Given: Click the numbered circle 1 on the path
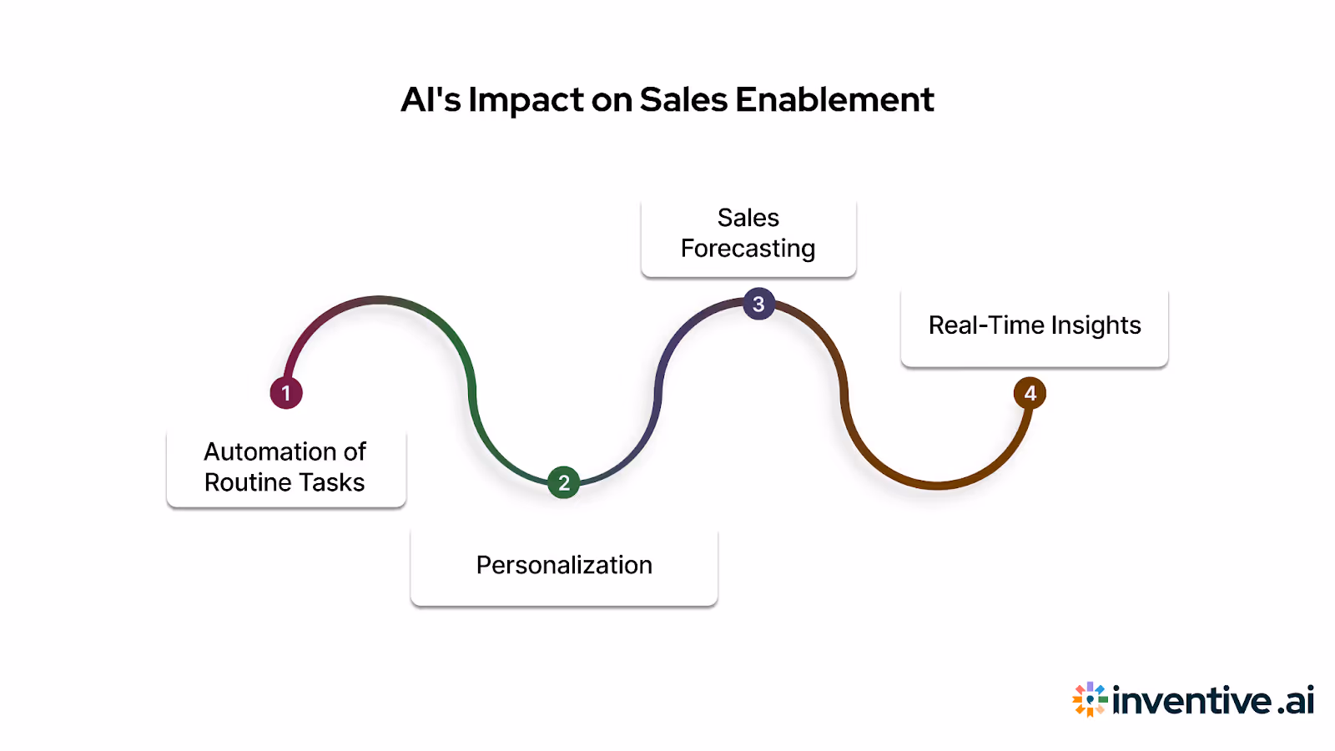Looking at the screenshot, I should (285, 393).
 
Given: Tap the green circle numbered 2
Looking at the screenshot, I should (564, 482).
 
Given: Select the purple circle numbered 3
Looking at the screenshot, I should (758, 305).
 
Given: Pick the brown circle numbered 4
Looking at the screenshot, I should (1030, 393).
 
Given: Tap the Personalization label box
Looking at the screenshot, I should (564, 566).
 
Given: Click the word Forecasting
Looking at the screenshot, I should (748, 249).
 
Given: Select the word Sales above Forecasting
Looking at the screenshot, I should (748, 218).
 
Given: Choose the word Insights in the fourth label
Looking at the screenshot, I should (1096, 325).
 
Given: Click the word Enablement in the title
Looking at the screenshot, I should (834, 100).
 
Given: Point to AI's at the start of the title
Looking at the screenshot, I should (431, 100).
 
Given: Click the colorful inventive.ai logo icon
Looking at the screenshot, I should (1090, 699).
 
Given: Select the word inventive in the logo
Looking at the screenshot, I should (1192, 700).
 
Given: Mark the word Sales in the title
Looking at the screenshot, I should (683, 100).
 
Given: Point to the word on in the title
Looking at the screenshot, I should (612, 100).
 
